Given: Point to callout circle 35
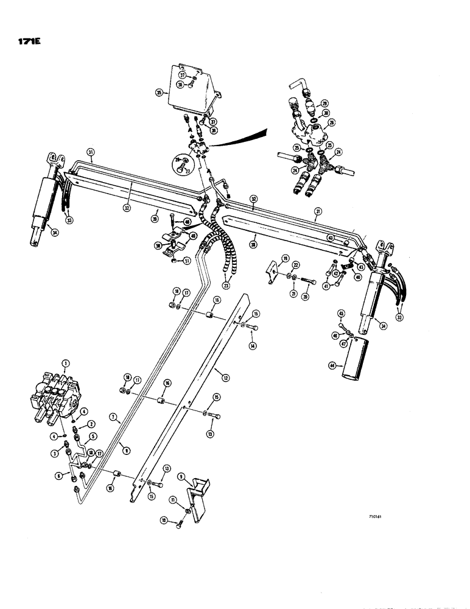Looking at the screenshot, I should tap(159, 93).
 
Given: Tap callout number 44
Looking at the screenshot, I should tap(332, 365).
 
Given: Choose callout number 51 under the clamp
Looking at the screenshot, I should tap(186, 263).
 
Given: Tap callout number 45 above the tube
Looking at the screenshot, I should tap(341, 314).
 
